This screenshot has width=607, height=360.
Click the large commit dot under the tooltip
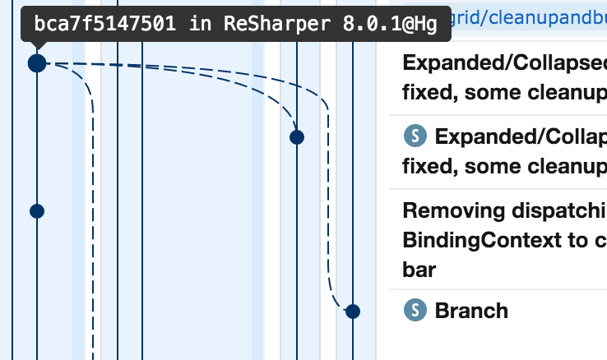click(x=37, y=62)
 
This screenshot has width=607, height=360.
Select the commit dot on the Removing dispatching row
click(x=37, y=211)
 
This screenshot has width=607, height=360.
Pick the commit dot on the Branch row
click(x=353, y=312)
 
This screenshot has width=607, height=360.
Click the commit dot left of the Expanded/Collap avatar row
click(x=297, y=137)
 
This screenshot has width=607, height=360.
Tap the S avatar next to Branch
click(x=415, y=311)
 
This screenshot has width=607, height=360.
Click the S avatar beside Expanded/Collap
click(x=415, y=136)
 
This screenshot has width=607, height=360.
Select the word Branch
click(x=471, y=311)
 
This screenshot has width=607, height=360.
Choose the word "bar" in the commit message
click(x=419, y=270)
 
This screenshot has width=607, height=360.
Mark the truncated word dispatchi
click(x=559, y=210)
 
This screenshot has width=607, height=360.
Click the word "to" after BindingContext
click(x=584, y=240)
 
